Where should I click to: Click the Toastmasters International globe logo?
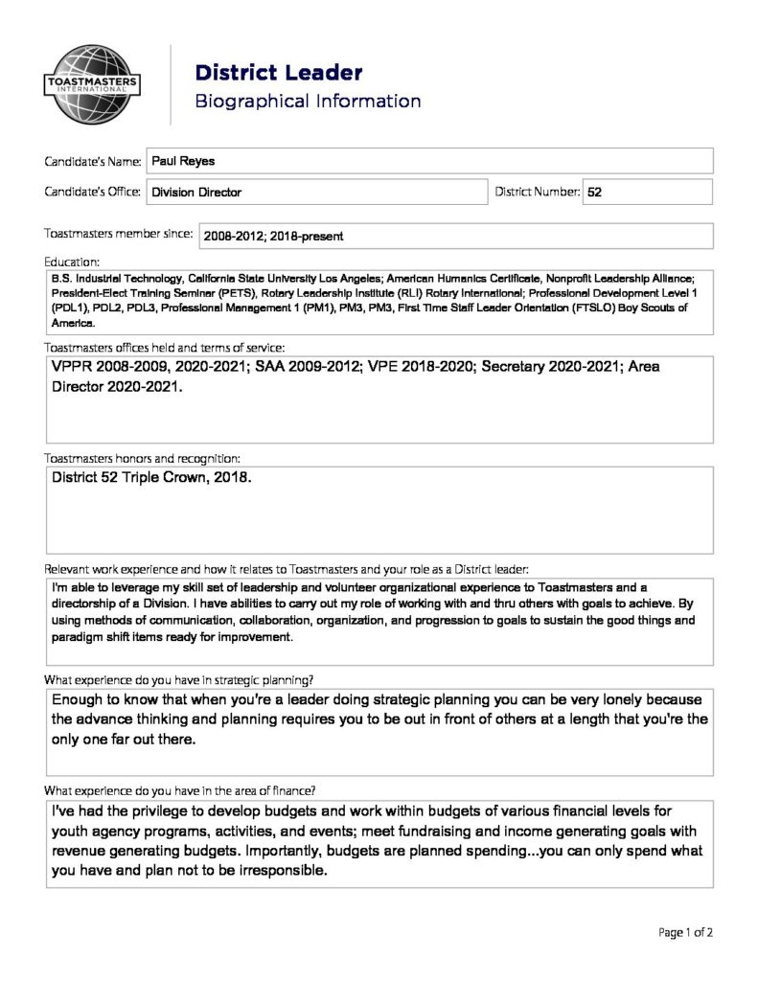click(92, 86)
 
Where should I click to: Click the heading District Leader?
click(278, 73)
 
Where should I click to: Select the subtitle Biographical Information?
click(308, 102)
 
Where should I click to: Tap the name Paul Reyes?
click(183, 161)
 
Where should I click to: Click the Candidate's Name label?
click(93, 161)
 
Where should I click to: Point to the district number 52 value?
click(594, 192)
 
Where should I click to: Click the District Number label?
click(538, 192)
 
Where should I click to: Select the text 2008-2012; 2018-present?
click(272, 236)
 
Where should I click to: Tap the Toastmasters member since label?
click(118, 233)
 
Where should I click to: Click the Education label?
click(72, 261)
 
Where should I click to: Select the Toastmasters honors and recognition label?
click(143, 458)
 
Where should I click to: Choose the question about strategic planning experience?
click(179, 679)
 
